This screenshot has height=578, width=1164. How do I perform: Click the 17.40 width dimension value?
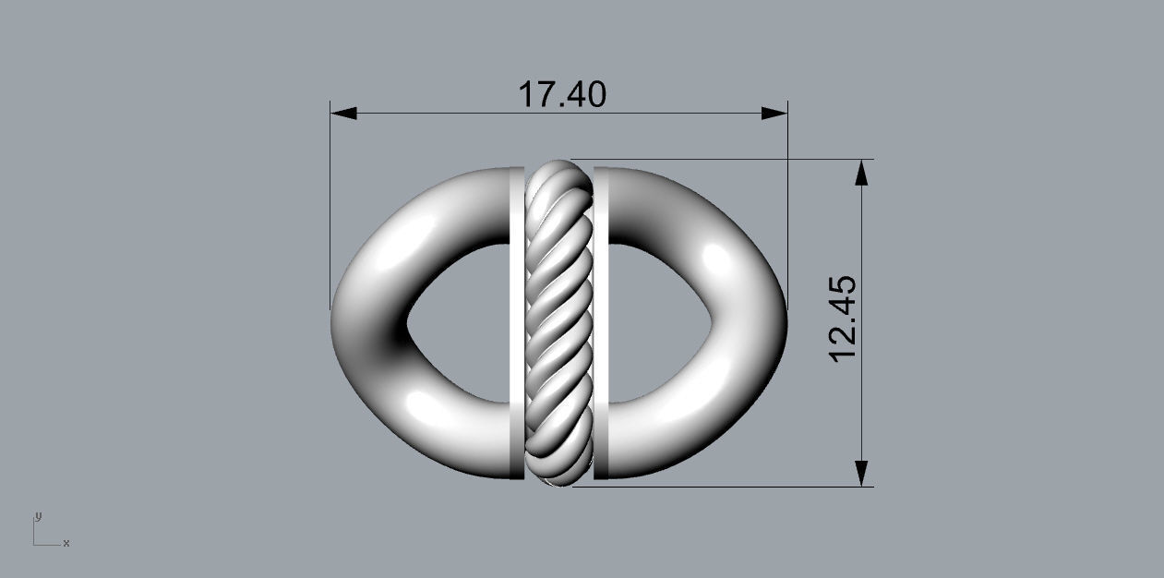point(562,94)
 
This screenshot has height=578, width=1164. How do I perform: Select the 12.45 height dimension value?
point(845,319)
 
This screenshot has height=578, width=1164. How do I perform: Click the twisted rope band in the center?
point(558,322)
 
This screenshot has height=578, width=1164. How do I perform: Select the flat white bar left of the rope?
point(516,322)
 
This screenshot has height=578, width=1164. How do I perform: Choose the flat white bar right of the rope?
point(600,322)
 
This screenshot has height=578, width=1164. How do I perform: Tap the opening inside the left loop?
point(457,323)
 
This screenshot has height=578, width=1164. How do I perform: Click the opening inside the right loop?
point(660,323)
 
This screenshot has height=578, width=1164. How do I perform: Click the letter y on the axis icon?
point(38,516)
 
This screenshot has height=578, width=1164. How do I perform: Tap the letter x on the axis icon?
point(66,543)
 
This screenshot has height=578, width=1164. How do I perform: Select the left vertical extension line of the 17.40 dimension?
point(330,203)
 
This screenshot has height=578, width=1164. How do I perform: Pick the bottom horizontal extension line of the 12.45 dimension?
point(720,486)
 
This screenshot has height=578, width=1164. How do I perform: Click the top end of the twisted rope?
point(558,165)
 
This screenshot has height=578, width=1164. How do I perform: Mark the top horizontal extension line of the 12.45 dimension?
point(720,160)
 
